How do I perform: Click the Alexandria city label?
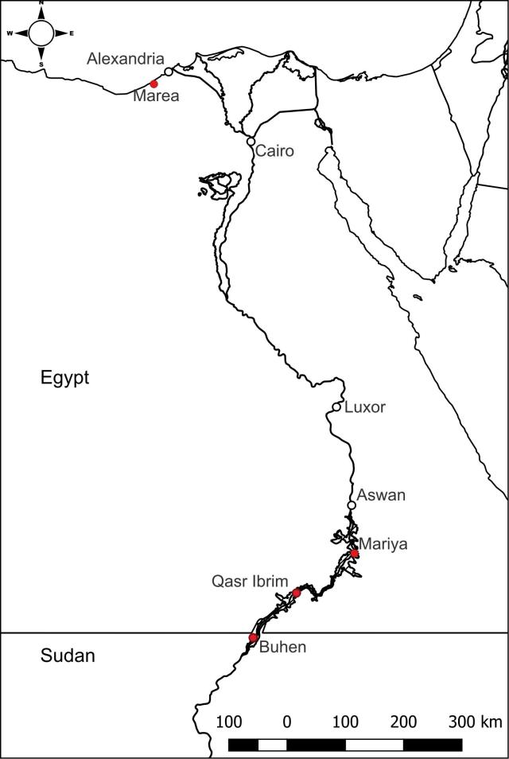126,59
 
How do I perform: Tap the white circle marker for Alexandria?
169,72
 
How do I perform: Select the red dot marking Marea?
153,83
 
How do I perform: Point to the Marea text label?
156,96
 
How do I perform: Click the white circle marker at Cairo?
251,142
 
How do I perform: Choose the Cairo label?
275,150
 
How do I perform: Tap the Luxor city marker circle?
336,407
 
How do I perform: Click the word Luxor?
365,407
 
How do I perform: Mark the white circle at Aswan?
352,505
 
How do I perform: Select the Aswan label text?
381,495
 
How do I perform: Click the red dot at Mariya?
355,554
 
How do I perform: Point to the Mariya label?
383,545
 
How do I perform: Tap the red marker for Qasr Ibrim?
297,593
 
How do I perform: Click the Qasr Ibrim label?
250,581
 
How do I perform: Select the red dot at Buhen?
253,637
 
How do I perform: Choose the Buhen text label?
282,648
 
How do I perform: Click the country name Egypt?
65,377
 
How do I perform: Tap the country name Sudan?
67,656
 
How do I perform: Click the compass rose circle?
41,33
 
